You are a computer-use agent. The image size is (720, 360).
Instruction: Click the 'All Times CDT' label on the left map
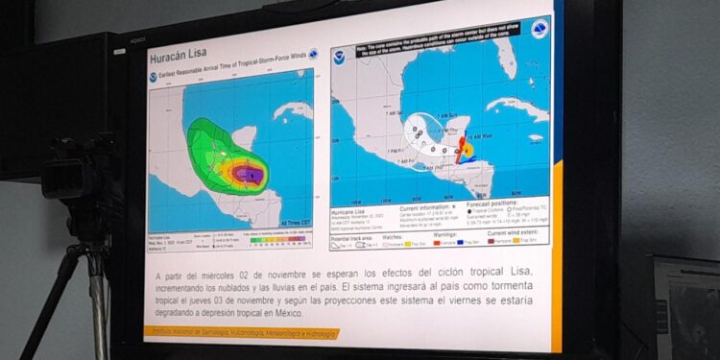293,223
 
